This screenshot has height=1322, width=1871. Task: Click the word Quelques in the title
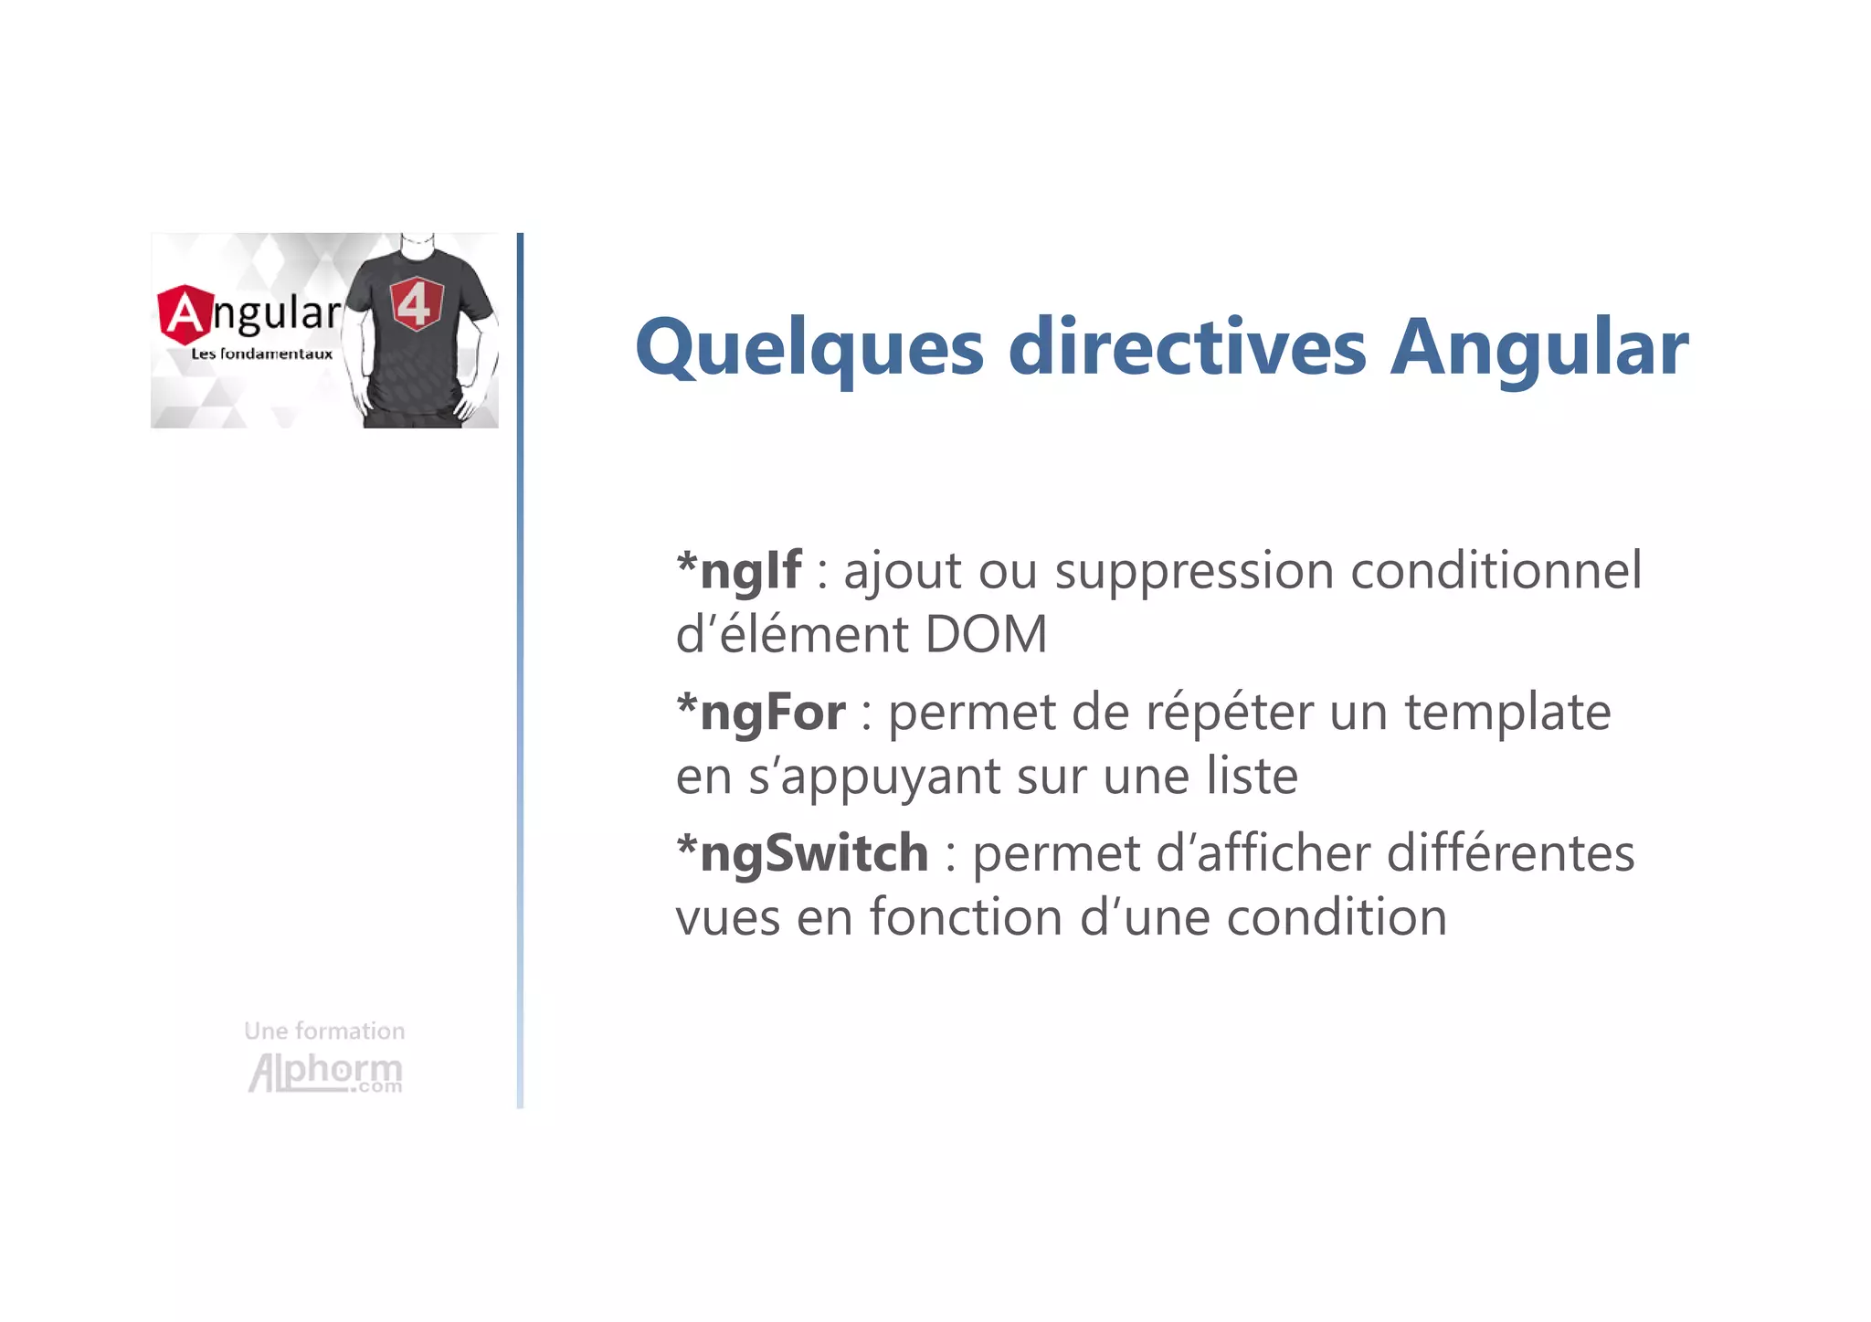pos(809,349)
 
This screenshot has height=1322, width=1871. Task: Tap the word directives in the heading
pos(1187,347)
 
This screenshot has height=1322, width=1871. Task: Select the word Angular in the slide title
pos(1538,349)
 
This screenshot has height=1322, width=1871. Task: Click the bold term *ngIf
pos(739,571)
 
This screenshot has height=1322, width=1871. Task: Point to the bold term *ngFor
pos(761,713)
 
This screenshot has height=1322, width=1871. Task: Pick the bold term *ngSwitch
pos(802,854)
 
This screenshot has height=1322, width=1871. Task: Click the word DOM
pos(986,634)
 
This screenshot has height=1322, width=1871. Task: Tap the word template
pos(1507,713)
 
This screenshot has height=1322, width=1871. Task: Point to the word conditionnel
pos(1496,571)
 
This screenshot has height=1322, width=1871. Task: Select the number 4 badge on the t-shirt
pos(417,303)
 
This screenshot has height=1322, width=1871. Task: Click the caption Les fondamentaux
pos(261,354)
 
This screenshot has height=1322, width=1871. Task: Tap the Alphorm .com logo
pos(325,1073)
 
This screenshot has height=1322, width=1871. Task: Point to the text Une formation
pos(324,1031)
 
